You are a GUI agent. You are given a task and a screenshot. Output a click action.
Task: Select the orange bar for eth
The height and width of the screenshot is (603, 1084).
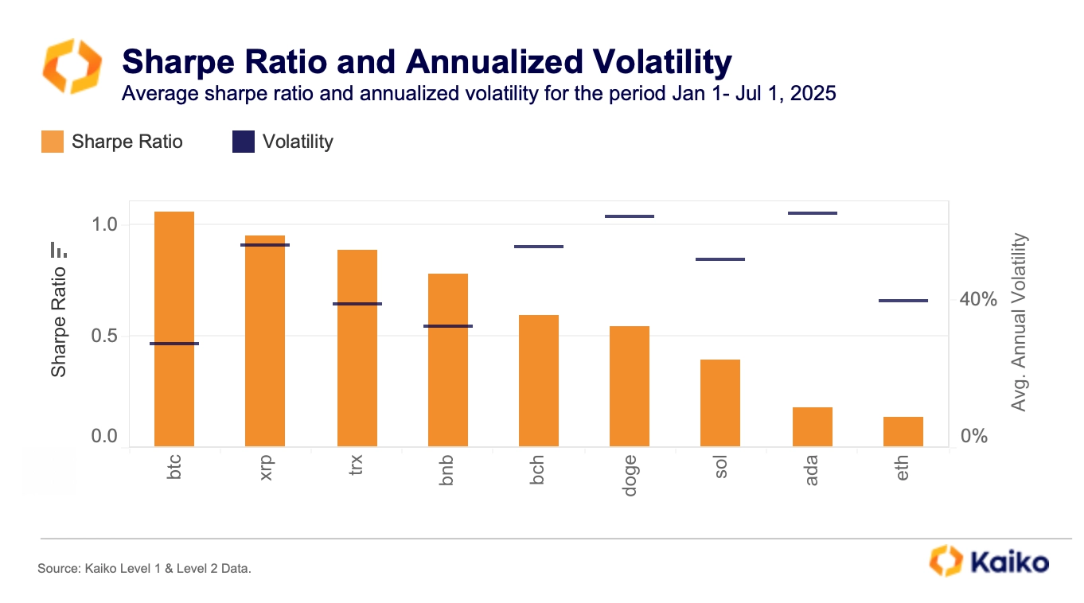coord(903,431)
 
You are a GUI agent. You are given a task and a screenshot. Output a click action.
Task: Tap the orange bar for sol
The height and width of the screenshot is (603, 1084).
coord(720,403)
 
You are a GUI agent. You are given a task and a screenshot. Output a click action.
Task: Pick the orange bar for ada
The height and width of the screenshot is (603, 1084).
coord(813,426)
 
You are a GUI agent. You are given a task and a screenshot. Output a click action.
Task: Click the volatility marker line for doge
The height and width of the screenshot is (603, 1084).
coord(630,216)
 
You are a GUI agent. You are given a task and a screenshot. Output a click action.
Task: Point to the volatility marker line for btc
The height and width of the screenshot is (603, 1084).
coord(174,344)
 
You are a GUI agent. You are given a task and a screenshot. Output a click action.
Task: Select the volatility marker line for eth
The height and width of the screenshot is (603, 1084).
coord(903,301)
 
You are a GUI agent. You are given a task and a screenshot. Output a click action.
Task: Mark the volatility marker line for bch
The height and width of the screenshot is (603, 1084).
coord(539,247)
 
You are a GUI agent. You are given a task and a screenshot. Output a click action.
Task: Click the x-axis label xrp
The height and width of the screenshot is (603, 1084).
coord(267,468)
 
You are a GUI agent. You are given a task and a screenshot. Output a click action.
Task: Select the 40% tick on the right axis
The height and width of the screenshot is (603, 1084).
coord(978,300)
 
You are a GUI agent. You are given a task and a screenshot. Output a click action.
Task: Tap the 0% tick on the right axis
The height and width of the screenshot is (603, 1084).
coord(973,436)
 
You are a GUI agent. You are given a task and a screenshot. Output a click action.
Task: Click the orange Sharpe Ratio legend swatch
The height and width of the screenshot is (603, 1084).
coord(53,142)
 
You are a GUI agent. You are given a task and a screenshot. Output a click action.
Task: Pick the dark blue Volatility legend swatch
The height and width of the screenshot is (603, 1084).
coord(243,142)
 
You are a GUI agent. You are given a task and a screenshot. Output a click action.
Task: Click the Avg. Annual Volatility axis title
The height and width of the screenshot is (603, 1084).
coord(1019,322)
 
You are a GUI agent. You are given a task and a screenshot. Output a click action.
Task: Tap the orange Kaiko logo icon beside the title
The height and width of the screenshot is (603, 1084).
coord(72,67)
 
